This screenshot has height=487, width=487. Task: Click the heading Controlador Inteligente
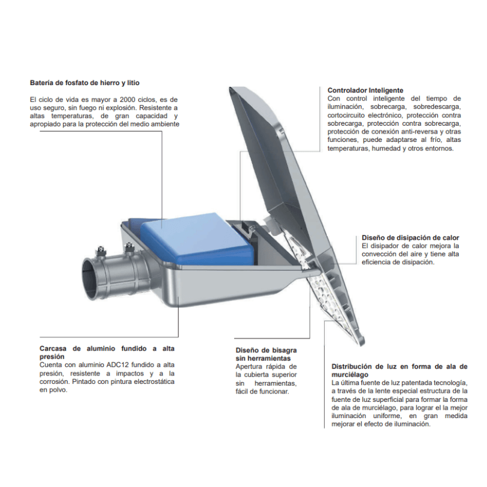(x=365, y=90)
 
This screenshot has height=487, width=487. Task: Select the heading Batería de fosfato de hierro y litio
(x=84, y=83)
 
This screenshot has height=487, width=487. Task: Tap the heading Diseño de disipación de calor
(x=410, y=238)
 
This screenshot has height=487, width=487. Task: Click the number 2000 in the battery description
(x=128, y=99)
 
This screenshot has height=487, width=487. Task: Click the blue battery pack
(x=195, y=239)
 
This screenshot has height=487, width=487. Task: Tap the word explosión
(x=122, y=108)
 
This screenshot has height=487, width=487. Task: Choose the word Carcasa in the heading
(x=53, y=349)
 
